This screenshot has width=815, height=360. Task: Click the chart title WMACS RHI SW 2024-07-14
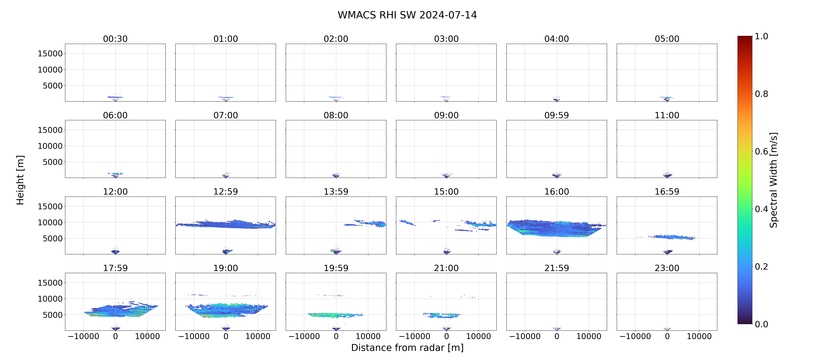407,15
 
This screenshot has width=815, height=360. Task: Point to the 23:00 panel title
667,268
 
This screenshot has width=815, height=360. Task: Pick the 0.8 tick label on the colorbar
761,94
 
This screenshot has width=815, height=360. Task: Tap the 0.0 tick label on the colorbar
761,324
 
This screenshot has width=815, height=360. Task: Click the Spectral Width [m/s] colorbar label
773,180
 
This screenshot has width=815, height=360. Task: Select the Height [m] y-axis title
20,180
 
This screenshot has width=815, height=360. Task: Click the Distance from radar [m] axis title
407,348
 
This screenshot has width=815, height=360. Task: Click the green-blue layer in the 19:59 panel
335,315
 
